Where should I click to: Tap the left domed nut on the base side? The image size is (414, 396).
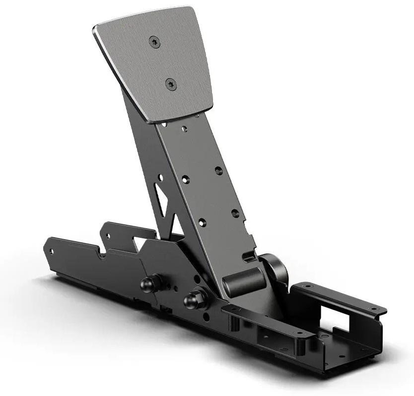click(148, 284)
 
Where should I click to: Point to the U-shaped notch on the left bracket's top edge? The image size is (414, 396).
click(107, 233)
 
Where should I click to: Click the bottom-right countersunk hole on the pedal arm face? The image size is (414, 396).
click(235, 213)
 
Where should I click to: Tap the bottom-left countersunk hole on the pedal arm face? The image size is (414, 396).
click(202, 222)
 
